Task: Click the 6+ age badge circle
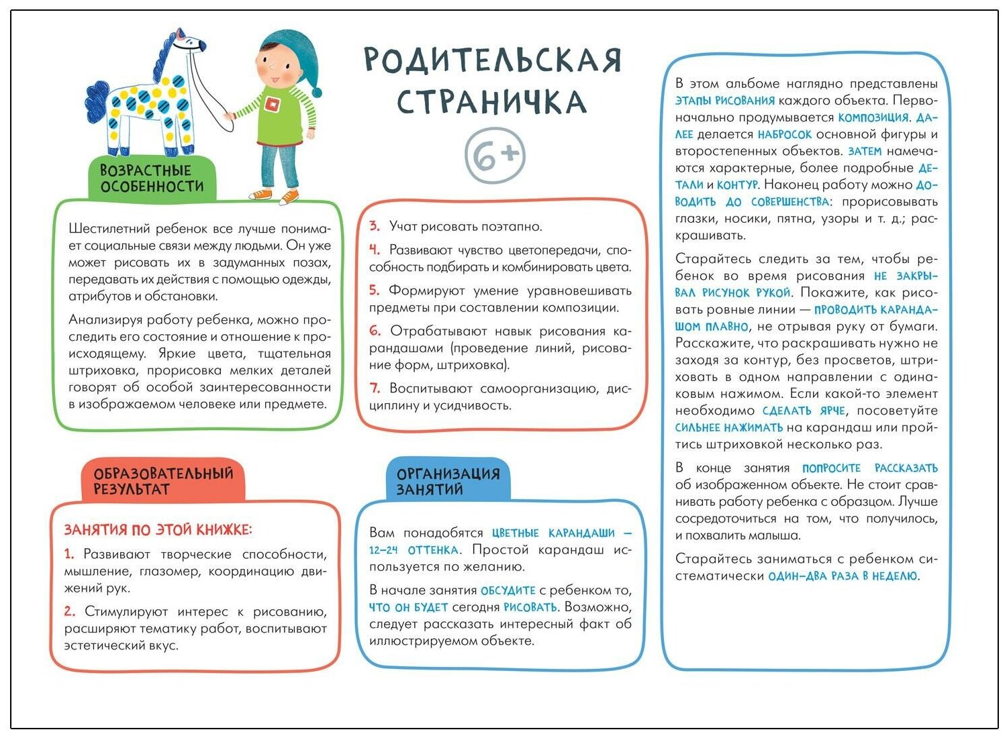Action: point(495,155)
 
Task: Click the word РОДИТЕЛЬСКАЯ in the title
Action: point(493,60)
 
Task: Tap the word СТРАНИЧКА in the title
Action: point(491,102)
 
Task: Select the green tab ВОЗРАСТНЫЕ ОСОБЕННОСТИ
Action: point(152,178)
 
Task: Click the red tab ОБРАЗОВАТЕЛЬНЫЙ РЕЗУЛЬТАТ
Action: point(163,480)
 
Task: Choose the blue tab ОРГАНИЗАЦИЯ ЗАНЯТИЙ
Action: point(448,481)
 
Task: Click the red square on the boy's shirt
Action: point(271,103)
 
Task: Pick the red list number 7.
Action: point(375,388)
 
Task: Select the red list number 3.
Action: point(375,226)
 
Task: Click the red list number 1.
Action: point(68,554)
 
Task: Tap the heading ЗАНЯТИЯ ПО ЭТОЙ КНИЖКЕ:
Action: point(158,530)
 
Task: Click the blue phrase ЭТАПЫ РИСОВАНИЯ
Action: point(724,101)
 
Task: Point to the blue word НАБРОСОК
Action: point(784,134)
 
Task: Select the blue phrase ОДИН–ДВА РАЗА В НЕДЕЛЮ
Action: point(843,576)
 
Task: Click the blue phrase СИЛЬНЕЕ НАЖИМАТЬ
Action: point(728,427)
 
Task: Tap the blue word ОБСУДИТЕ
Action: point(508,590)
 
